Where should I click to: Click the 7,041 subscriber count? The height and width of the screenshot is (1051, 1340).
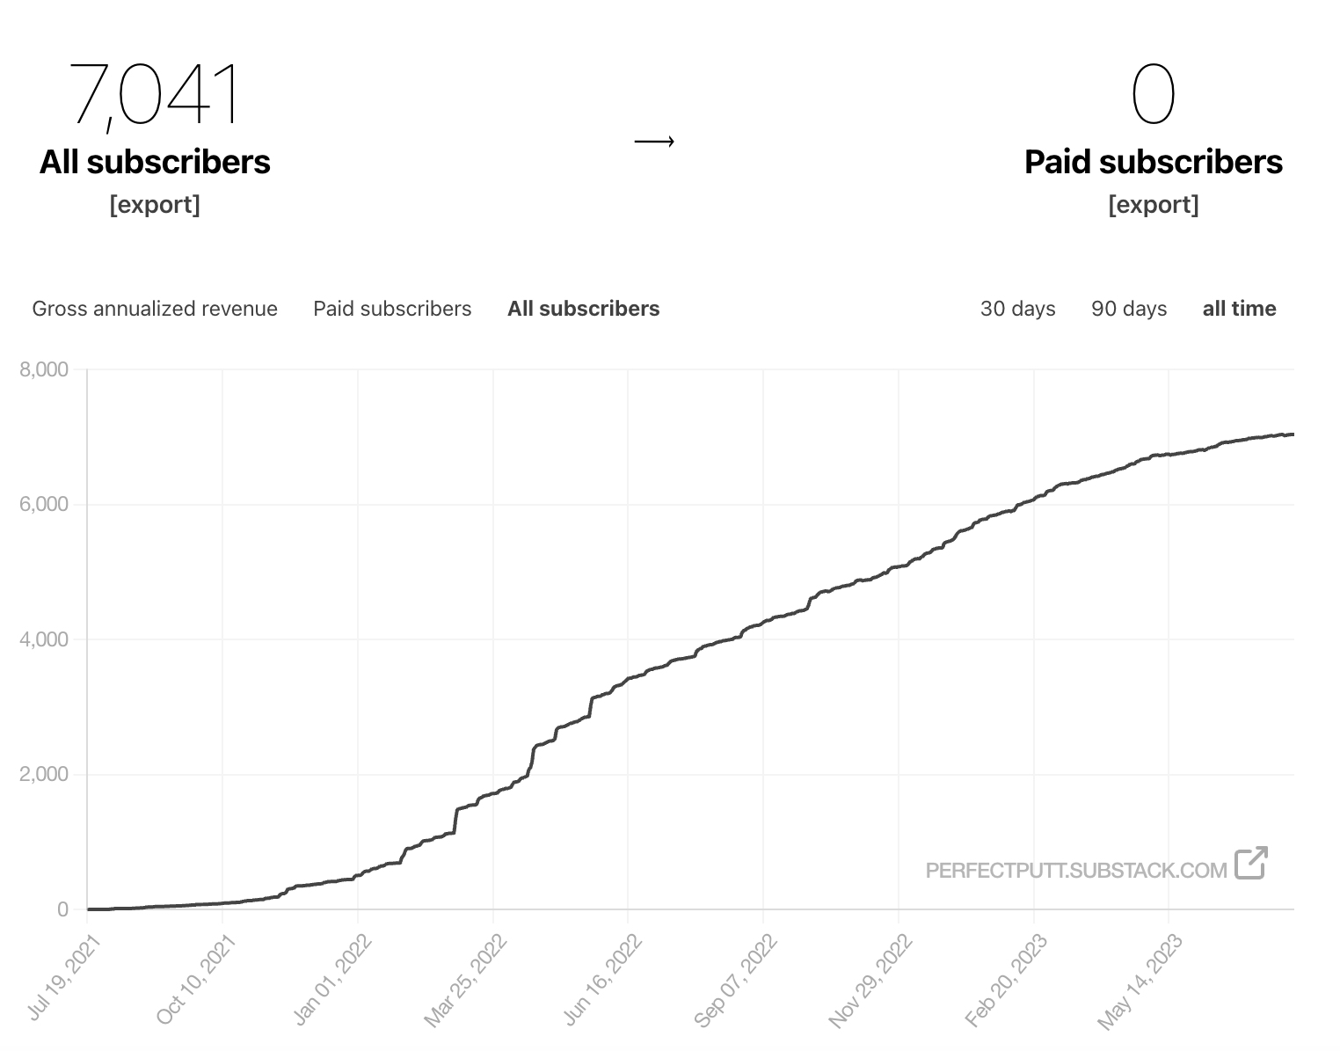click(x=155, y=94)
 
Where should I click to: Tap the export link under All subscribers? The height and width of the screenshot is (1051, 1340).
click(x=155, y=205)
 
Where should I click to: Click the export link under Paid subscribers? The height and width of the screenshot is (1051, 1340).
click(x=1153, y=205)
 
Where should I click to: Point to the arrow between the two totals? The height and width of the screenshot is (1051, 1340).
click(x=654, y=141)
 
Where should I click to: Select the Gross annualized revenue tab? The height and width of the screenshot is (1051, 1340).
click(x=155, y=309)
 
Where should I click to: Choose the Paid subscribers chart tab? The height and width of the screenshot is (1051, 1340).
click(x=392, y=309)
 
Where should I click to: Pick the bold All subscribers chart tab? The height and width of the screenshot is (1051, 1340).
click(x=583, y=309)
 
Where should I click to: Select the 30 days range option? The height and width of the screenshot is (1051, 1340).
click(x=1017, y=309)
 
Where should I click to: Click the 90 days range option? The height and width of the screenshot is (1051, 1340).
click(x=1129, y=309)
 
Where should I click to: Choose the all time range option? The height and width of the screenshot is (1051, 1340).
click(x=1239, y=309)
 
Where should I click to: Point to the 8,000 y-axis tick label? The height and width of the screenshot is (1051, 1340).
click(x=44, y=369)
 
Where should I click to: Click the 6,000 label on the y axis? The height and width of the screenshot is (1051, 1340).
click(x=44, y=505)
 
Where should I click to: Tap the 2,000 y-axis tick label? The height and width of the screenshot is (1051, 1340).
click(x=44, y=775)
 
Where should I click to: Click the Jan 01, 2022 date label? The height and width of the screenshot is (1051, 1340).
click(x=334, y=978)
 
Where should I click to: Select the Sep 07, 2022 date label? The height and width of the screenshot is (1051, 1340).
click(x=737, y=979)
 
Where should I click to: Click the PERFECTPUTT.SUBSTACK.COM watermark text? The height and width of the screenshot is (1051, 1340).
click(x=1075, y=871)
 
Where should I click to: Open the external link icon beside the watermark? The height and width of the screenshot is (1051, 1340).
click(x=1250, y=863)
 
